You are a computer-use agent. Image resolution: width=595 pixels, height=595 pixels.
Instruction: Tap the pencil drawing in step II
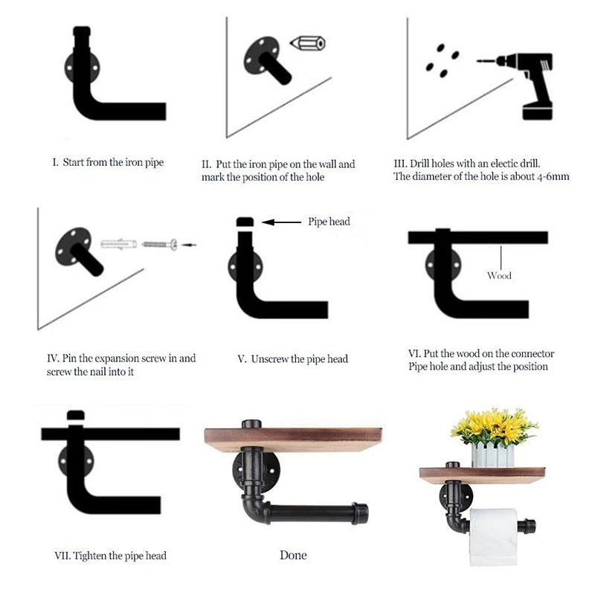coord(308,43)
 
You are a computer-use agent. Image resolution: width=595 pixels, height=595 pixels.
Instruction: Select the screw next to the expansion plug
coord(159,244)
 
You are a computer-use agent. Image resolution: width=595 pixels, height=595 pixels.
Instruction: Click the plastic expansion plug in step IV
coord(119,243)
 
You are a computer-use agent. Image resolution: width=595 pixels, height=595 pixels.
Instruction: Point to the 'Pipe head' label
coord(329,222)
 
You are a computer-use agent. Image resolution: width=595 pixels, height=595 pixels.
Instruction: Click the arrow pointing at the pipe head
coord(281,222)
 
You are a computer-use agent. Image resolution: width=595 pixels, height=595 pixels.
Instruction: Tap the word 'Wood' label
coord(499,275)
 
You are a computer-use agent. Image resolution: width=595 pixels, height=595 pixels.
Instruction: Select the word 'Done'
coord(293,555)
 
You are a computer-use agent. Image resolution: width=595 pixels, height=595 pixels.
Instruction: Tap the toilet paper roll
coord(493,537)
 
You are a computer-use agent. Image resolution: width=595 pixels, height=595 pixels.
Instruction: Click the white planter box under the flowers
coord(493,456)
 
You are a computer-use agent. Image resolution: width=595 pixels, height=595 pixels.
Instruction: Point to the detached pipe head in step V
coord(245,222)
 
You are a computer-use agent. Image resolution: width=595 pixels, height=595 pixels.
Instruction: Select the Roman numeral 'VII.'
coord(62,556)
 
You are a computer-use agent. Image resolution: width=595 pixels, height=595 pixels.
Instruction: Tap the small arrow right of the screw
coord(189,245)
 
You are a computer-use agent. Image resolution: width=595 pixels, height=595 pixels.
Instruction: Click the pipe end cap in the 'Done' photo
coord(360,513)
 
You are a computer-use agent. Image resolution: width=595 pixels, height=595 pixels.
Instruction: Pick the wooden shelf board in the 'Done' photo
coord(293,440)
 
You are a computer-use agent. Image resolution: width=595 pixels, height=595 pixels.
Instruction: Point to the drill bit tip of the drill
coord(477,61)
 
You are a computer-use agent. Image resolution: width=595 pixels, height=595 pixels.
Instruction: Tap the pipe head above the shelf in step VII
coord(76,414)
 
